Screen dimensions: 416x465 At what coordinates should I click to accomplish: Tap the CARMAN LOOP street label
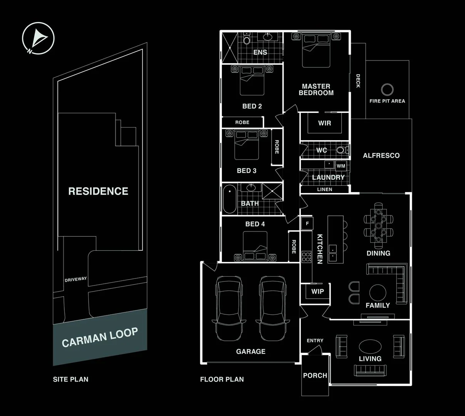[100, 337]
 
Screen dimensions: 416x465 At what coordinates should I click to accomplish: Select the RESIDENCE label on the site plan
[98, 191]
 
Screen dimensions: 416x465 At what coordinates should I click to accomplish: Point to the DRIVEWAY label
[76, 279]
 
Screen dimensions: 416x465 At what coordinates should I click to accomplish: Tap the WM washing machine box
[341, 166]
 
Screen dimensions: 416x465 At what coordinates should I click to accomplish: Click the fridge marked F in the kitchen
[307, 223]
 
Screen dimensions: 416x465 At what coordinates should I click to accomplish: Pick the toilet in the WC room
[341, 150]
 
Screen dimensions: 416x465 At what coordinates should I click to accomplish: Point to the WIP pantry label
[317, 292]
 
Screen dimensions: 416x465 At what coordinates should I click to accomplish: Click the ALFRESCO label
[381, 156]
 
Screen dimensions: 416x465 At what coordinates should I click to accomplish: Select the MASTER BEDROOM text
[316, 90]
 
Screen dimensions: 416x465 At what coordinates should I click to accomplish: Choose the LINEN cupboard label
[324, 190]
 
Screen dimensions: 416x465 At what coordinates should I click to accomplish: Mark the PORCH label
[315, 375]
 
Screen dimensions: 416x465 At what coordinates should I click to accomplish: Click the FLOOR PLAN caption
[222, 379]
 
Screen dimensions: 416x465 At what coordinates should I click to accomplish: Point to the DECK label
[358, 81]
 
